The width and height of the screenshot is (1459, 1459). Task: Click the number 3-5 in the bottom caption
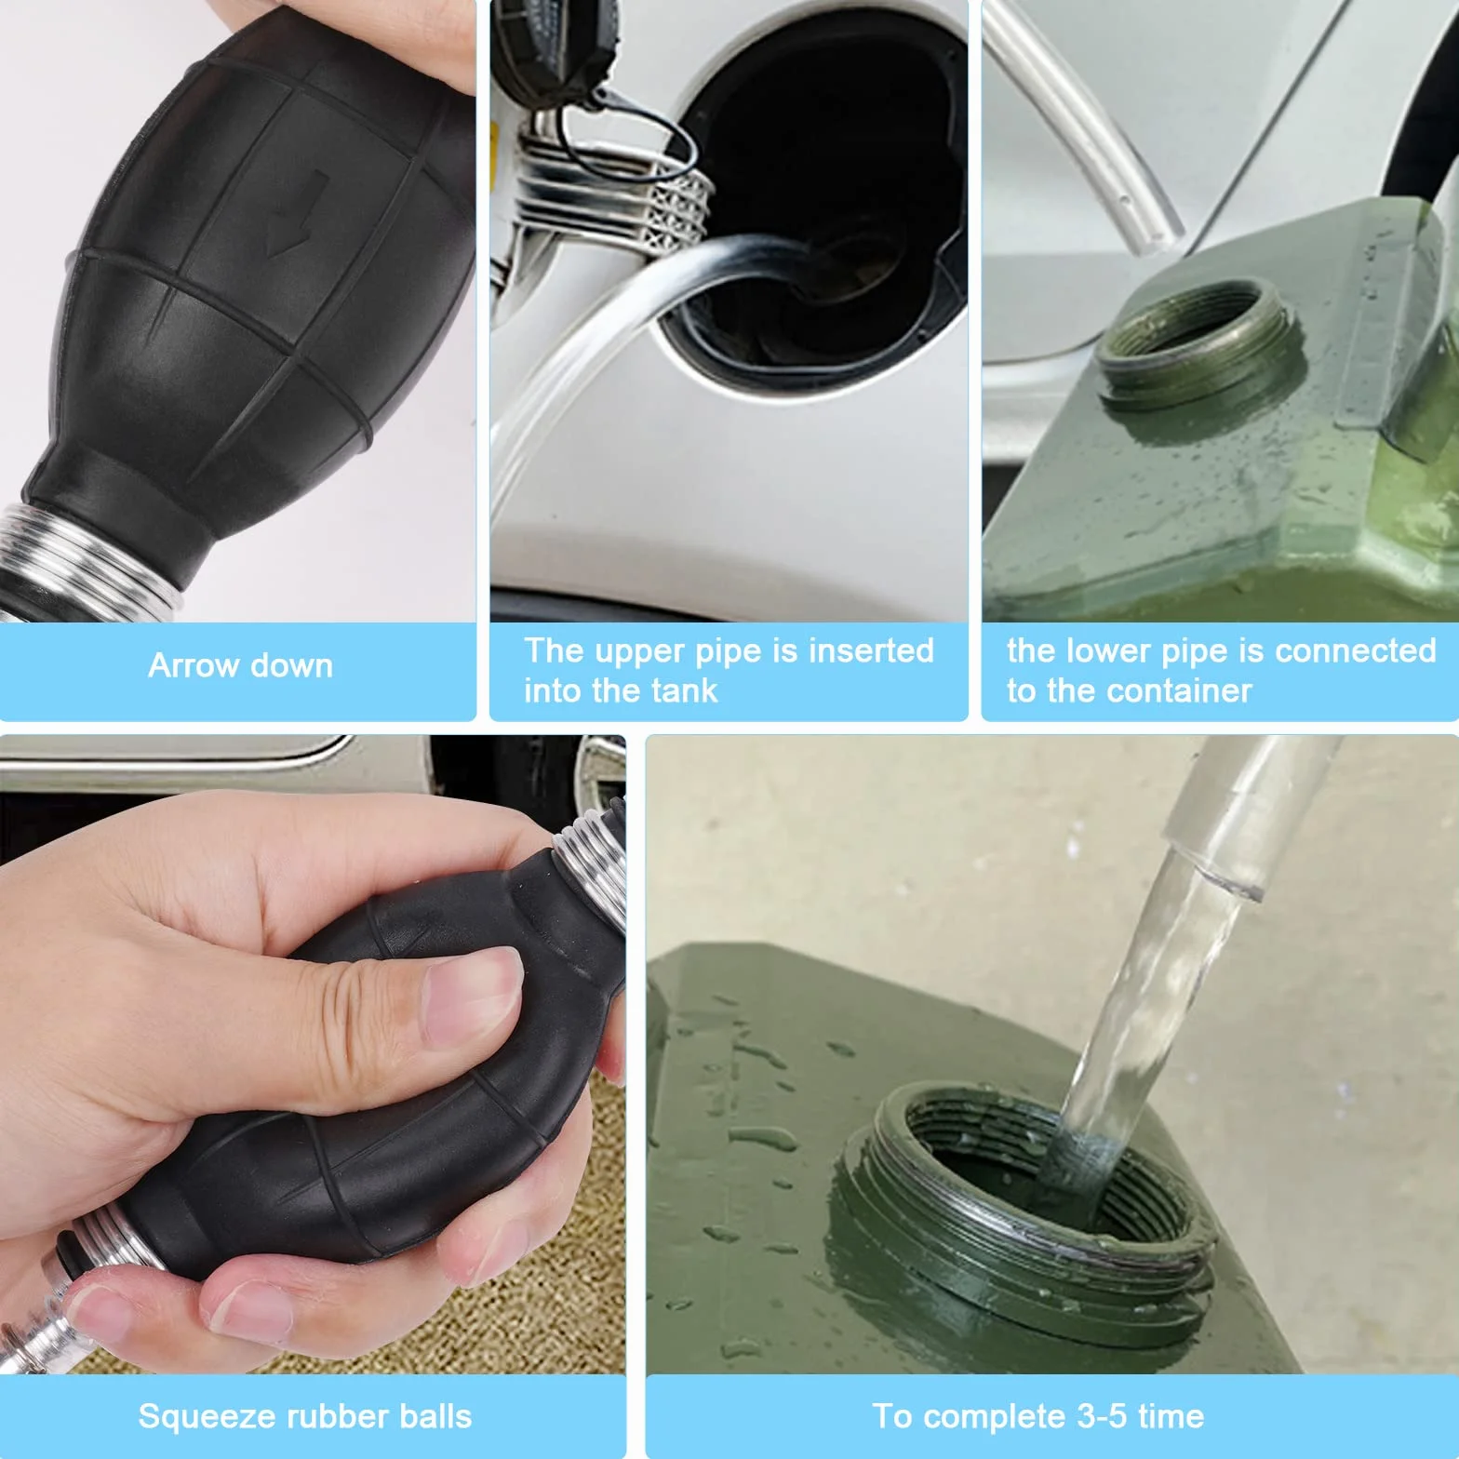tap(1101, 1416)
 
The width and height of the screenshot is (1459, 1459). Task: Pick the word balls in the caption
tap(435, 1416)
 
